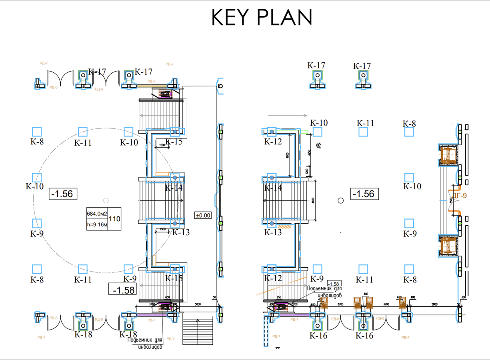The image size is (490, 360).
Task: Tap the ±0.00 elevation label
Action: (203, 215)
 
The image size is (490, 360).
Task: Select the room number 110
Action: (114, 219)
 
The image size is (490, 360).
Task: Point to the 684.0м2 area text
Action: (97, 213)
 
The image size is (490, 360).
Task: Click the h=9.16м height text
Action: (97, 225)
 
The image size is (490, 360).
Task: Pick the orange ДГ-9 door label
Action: (461, 196)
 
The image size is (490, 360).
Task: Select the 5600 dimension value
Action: (434, 304)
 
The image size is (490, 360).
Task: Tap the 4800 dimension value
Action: (288, 156)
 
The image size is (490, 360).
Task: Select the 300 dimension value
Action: (463, 298)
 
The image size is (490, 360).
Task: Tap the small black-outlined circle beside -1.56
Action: (340, 200)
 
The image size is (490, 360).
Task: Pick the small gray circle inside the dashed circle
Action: (106, 200)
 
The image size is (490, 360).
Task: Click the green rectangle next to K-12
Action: (304, 131)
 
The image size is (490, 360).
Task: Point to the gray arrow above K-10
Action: (287, 115)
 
